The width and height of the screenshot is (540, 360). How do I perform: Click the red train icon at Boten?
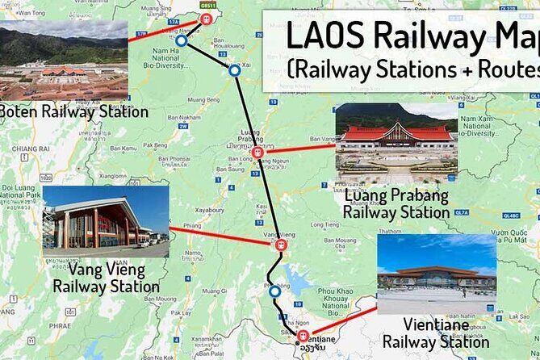point(206,19)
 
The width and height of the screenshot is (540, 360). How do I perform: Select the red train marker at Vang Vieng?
point(281,245)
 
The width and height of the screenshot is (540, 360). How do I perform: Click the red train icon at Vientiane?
point(303,336)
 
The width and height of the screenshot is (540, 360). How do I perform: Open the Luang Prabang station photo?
point(396,142)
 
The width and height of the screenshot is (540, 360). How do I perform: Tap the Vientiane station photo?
point(437,274)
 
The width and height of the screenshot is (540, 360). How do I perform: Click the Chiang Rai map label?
point(31,149)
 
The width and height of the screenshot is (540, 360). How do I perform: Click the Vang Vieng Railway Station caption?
point(106,278)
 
